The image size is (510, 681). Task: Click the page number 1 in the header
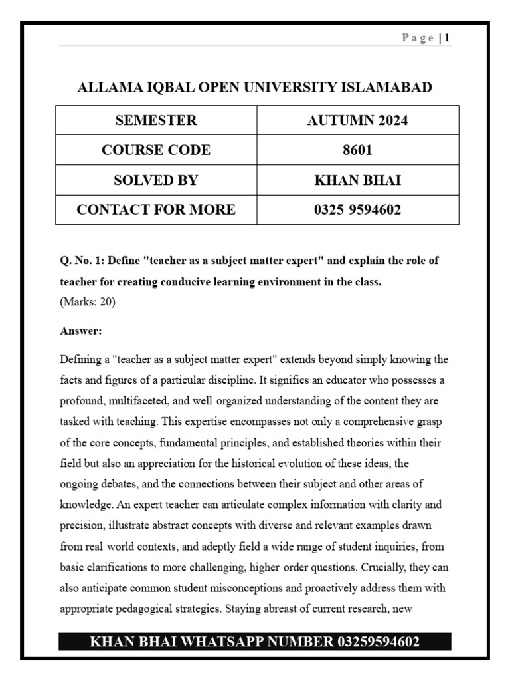coord(448,38)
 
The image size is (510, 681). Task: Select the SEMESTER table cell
coord(156,120)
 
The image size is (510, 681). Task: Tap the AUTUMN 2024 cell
coord(357,120)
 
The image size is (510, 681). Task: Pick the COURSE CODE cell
coord(156,150)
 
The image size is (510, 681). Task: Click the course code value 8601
coord(357,150)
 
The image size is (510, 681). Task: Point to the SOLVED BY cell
coord(156,180)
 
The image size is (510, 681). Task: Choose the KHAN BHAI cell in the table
coord(357,180)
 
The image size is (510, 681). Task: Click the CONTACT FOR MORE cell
coord(156,210)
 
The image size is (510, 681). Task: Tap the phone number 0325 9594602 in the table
coord(357,210)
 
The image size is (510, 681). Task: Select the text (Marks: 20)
coord(88,301)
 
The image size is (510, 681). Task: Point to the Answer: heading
coord(80,331)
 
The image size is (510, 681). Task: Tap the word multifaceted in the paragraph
coord(135,401)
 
